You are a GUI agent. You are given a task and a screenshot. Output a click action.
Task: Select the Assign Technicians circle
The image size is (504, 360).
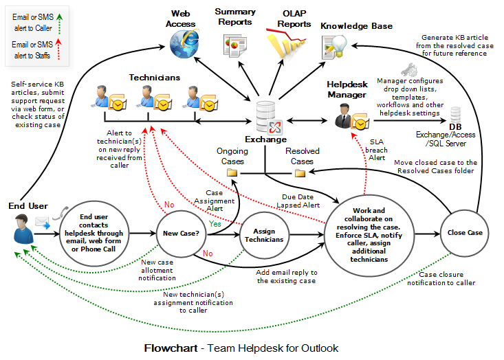264,235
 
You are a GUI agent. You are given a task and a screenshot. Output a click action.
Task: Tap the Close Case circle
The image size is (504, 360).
465,233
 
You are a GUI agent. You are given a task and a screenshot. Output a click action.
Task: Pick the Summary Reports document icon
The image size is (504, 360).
234,45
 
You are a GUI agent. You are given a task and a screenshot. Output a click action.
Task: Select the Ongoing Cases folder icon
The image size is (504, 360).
232,172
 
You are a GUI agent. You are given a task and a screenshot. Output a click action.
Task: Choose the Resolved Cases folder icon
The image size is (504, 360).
300,172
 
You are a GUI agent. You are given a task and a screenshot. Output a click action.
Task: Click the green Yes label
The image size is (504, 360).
215,224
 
